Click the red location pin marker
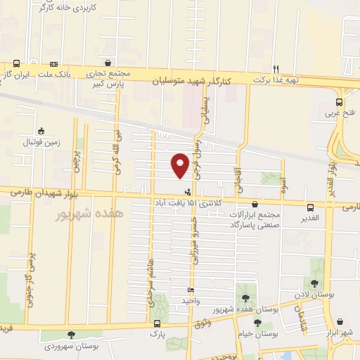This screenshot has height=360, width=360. tap(180, 165)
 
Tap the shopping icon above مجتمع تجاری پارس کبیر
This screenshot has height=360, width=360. tap(106, 62)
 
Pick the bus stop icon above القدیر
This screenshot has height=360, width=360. tap(310, 207)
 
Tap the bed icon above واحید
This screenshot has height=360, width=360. tap(191, 290)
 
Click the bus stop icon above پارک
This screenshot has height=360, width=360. tap(155, 324)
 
